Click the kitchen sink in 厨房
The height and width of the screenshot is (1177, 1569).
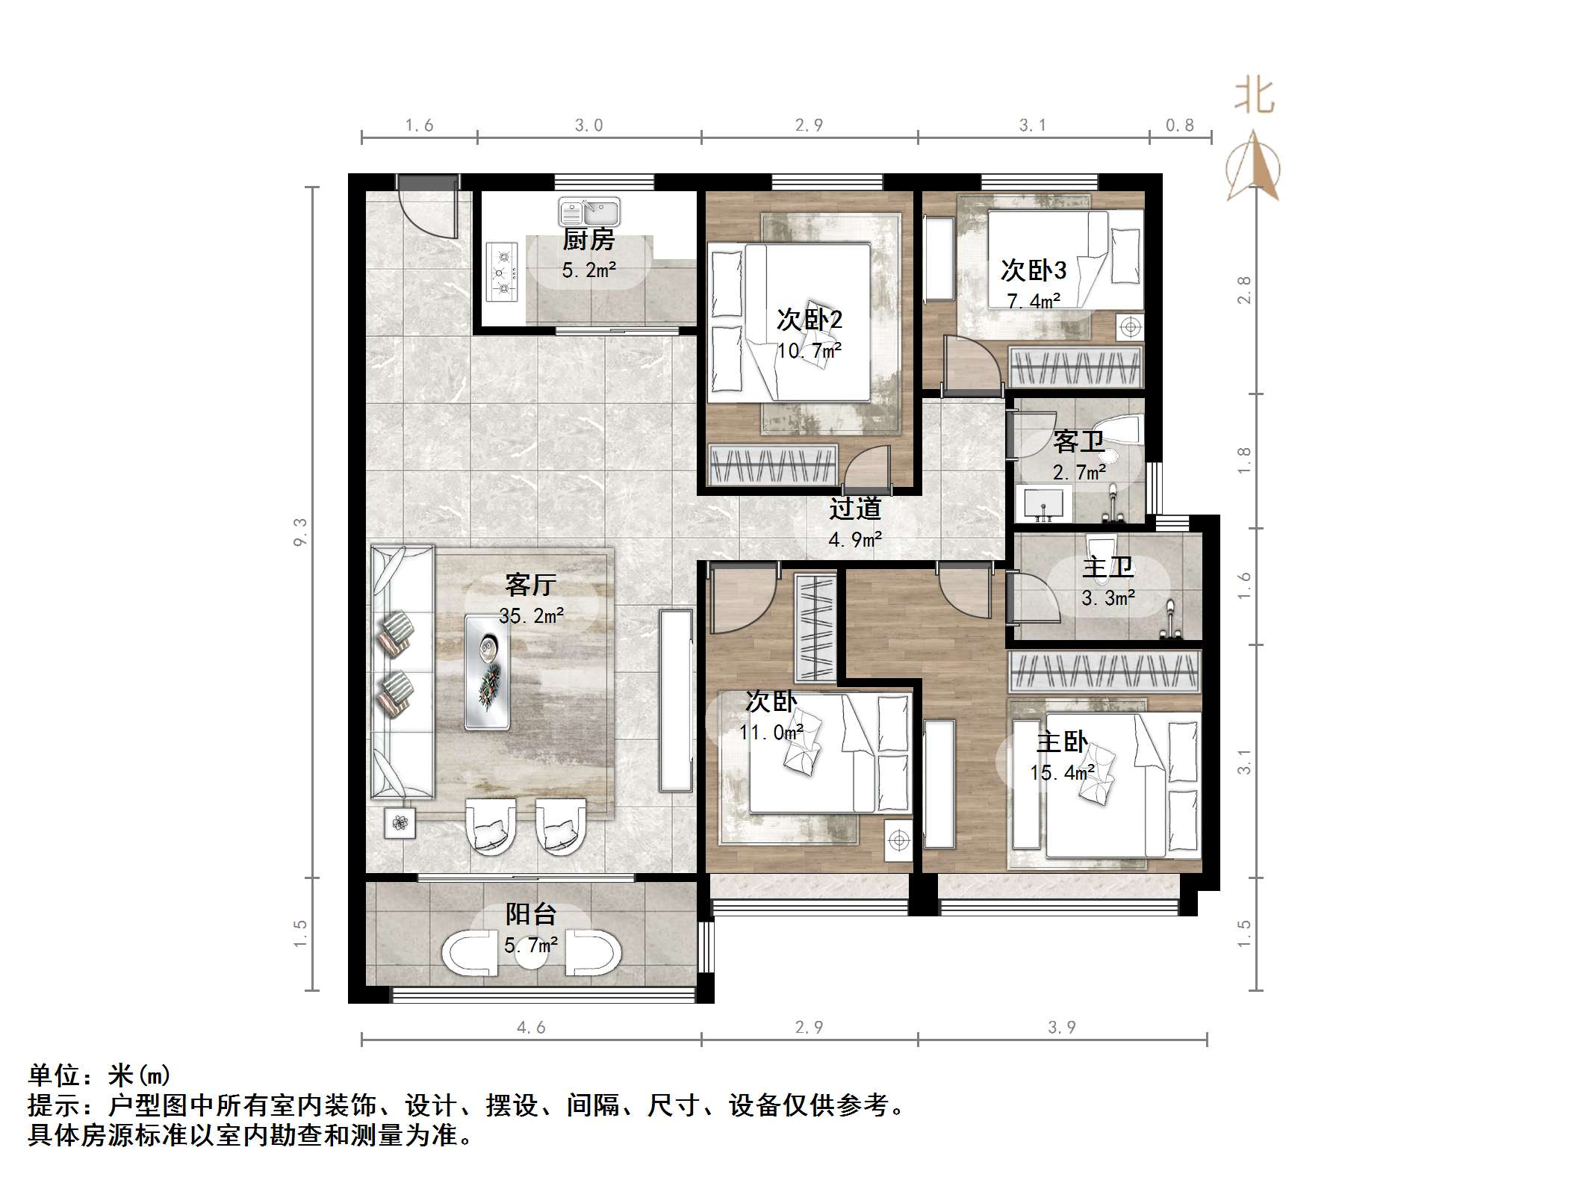pos(589,213)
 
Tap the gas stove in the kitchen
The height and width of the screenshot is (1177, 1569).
pos(503,272)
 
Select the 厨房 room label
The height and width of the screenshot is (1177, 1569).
pos(588,240)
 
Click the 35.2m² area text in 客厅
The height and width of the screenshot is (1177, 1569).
pos(531,615)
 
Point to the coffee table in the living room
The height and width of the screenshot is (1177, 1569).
pos(488,671)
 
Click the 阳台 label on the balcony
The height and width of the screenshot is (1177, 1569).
pos(531,914)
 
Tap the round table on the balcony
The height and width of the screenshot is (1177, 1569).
pos(531,954)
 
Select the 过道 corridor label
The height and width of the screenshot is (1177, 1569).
pos(855,509)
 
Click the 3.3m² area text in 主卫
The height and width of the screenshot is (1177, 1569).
pos(1108,598)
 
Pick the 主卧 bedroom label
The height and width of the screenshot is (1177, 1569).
pos(1062,742)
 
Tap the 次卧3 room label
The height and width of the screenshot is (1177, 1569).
pos(1034,270)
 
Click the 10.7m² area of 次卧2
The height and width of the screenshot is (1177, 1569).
pos(810,350)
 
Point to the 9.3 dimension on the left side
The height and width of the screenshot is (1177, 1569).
pos(300,532)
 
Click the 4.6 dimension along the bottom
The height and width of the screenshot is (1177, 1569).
pos(531,1028)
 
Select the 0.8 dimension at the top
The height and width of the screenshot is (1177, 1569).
pos(1180,125)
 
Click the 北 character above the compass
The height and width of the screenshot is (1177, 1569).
pos(1254,97)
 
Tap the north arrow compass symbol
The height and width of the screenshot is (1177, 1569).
pos(1253,168)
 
